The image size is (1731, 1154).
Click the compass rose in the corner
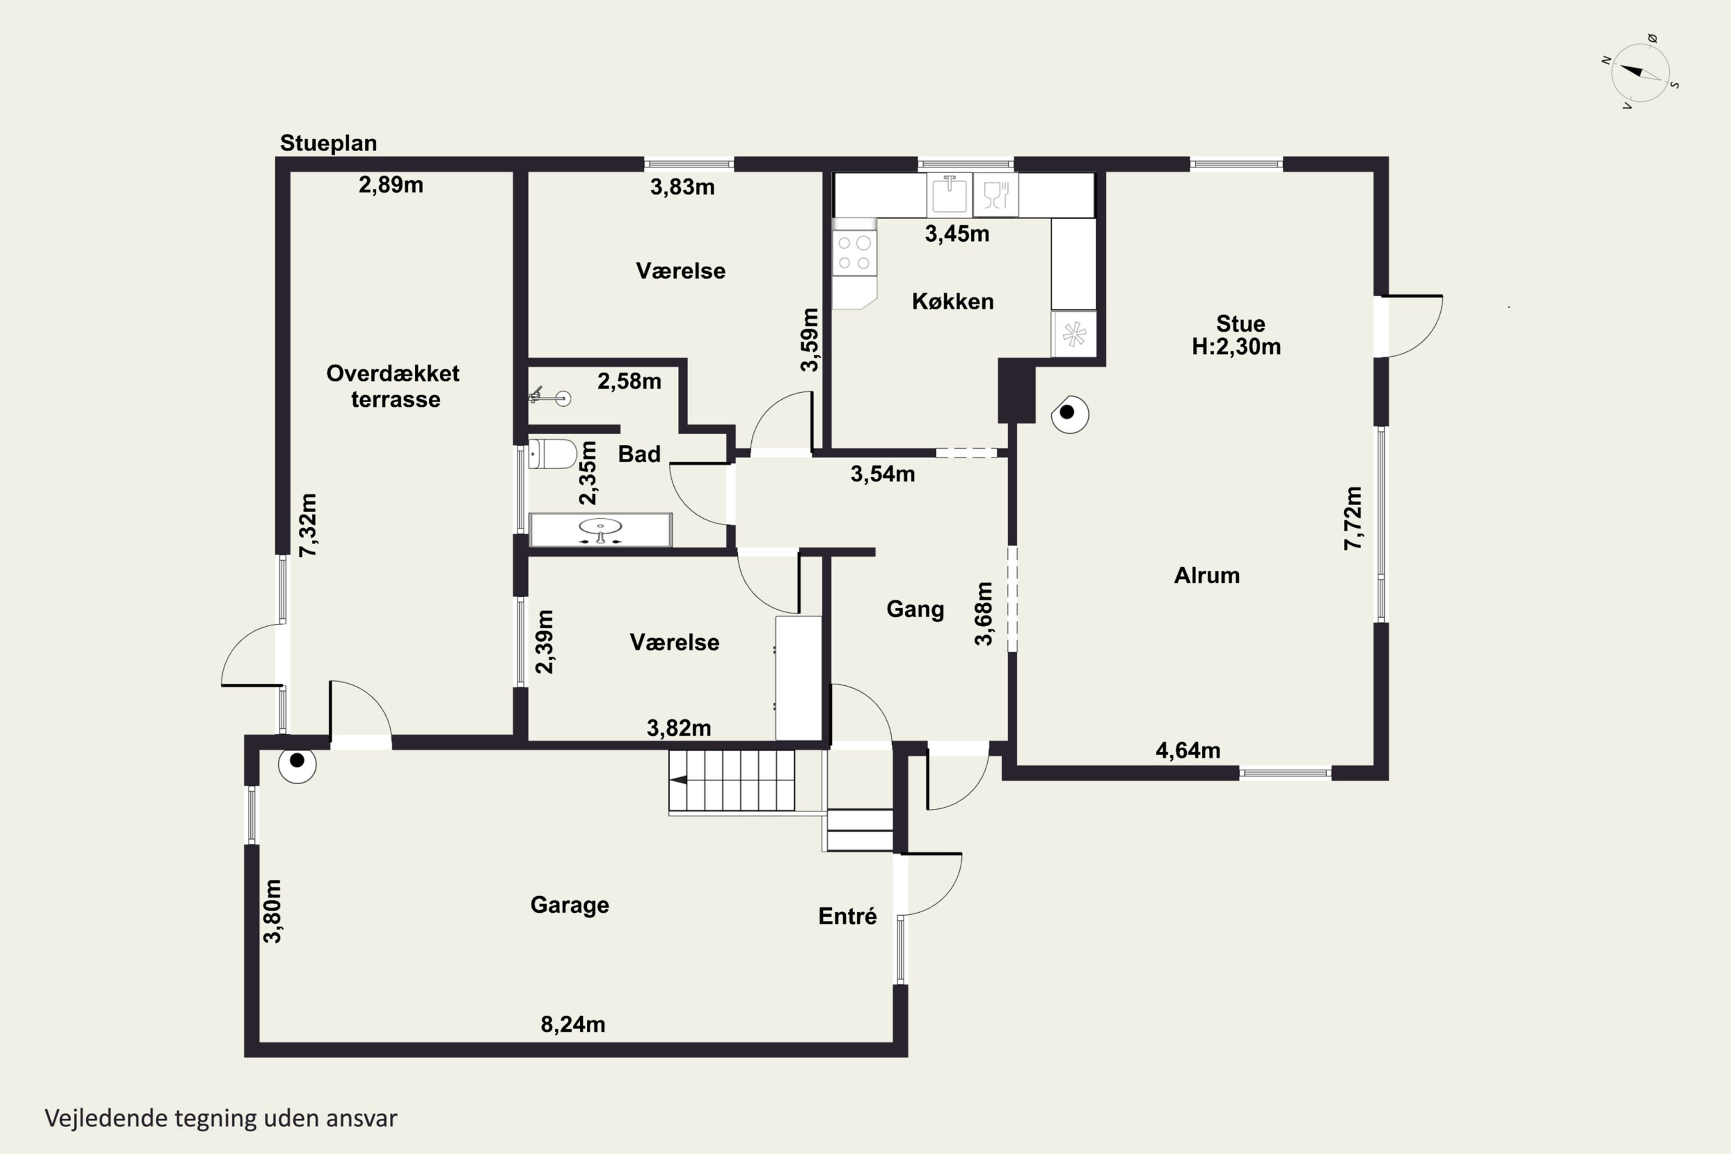tap(1640, 73)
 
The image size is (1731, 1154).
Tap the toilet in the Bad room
tap(552, 454)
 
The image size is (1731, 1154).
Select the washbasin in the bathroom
tap(601, 530)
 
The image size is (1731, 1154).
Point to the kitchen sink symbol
tap(949, 194)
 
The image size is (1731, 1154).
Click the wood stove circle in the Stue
tap(1069, 414)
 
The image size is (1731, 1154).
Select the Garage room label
tap(569, 905)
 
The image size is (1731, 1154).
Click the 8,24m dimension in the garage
tap(572, 1024)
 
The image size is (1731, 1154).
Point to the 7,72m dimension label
tap(1352, 518)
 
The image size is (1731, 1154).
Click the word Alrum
tap(1207, 575)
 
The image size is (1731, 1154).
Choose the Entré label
tap(847, 916)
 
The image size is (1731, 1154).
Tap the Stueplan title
tap(328, 143)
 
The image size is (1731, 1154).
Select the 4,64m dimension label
tap(1188, 750)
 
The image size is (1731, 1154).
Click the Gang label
tap(915, 609)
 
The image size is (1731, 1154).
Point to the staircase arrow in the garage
tap(681, 780)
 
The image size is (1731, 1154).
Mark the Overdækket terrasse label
tap(394, 385)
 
